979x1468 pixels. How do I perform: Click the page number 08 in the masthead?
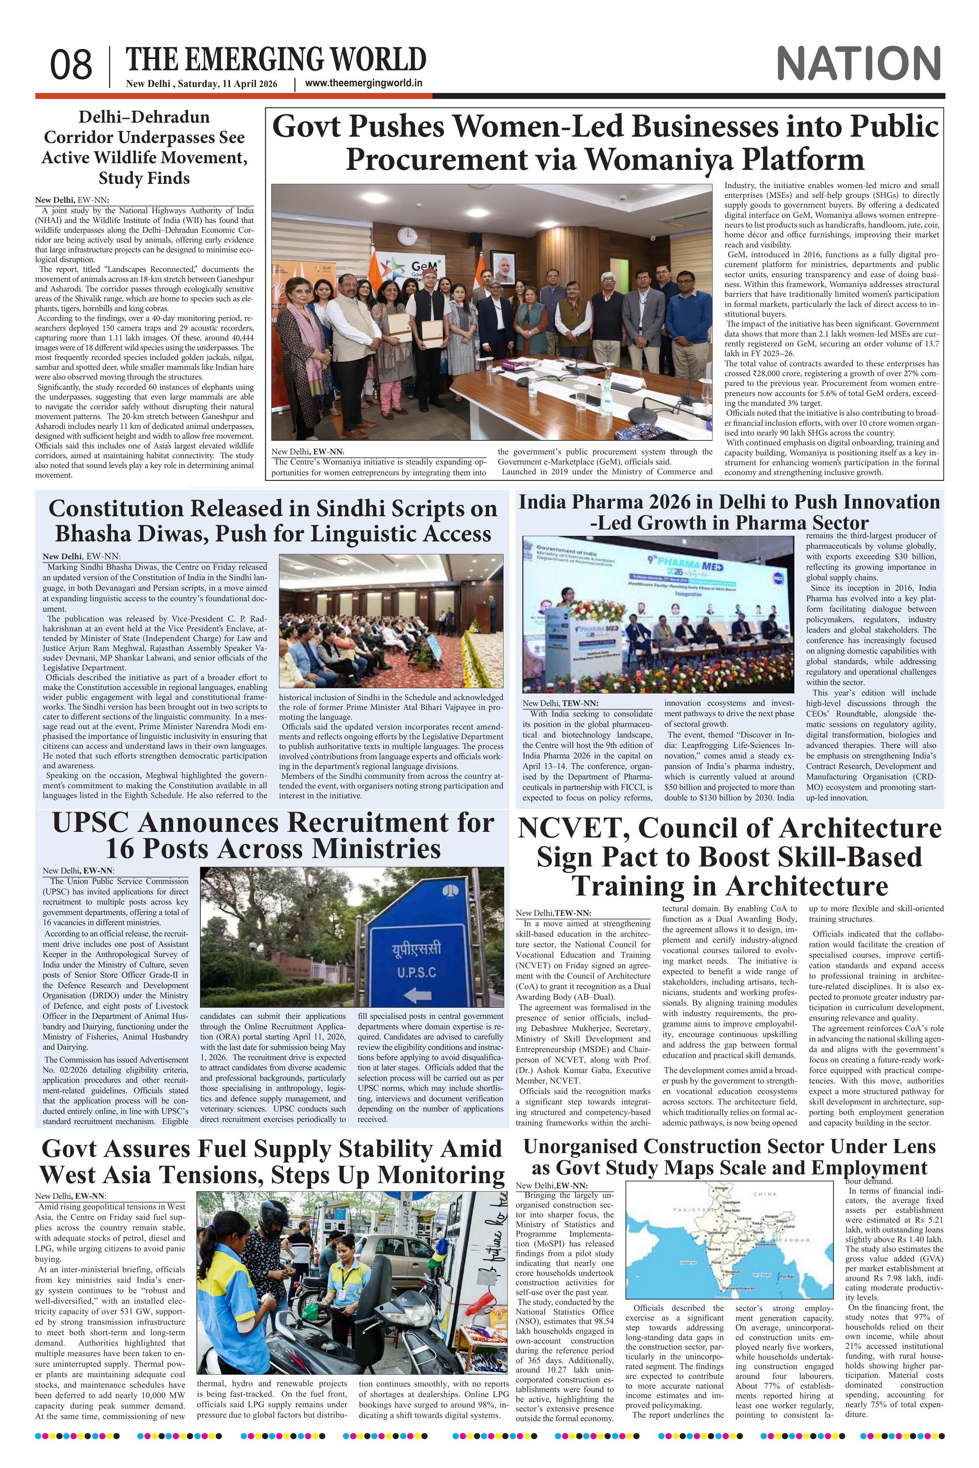pyautogui.click(x=71, y=65)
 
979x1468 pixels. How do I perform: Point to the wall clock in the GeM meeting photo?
pyautogui.click(x=406, y=236)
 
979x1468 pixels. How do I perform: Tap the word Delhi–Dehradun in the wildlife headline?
pyautogui.click(x=144, y=117)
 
